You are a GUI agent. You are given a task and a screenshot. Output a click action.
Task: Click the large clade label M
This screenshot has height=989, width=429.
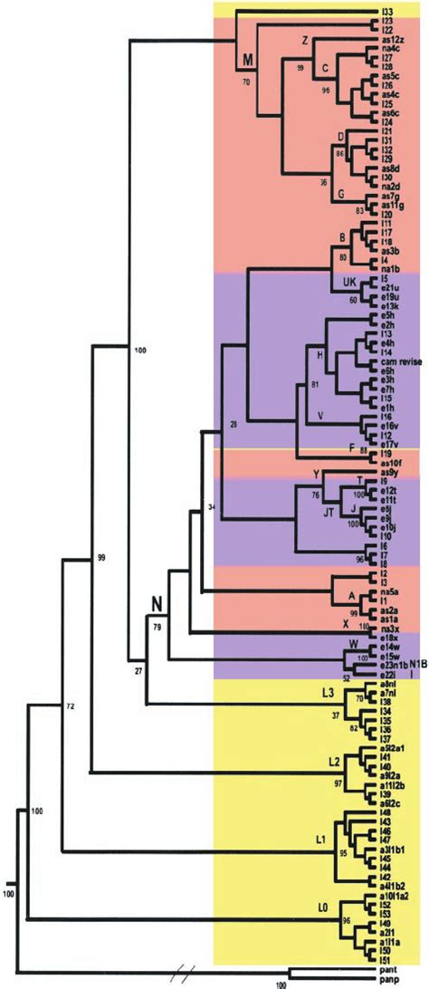tap(246, 62)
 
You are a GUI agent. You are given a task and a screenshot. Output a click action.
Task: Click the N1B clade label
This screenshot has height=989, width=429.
tap(422, 663)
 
